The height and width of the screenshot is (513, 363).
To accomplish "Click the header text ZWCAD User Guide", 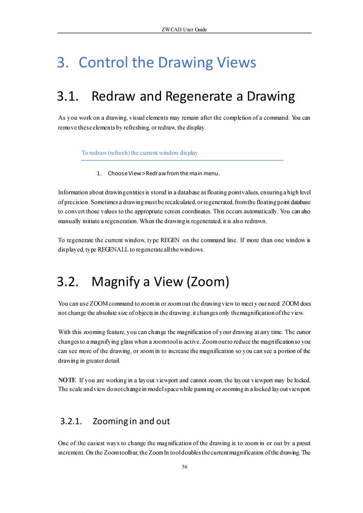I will click(184, 30).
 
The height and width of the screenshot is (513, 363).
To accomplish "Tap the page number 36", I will click(185, 467).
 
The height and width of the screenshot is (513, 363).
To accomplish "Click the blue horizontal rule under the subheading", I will click(182, 160).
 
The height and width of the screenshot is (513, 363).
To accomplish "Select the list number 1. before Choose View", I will click(99, 174).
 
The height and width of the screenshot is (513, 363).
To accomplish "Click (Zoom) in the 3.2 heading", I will click(208, 282).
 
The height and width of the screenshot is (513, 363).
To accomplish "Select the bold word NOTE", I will click(67, 380).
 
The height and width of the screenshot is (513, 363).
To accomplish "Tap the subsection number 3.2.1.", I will click(71, 421).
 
